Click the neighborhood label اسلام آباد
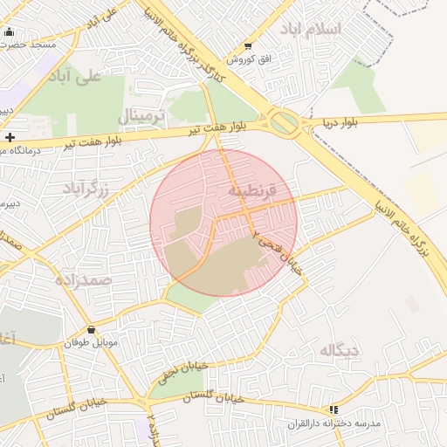click(311, 29)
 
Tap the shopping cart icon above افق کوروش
click(248, 46)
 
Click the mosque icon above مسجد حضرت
click(10, 31)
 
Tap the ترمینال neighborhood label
click(140, 115)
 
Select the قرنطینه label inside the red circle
click(252, 189)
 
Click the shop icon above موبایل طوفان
click(92, 330)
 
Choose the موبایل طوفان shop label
click(89, 343)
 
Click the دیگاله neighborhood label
click(340, 351)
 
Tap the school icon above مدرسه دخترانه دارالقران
click(333, 409)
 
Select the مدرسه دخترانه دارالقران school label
click(335, 423)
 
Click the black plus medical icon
click(9, 137)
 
